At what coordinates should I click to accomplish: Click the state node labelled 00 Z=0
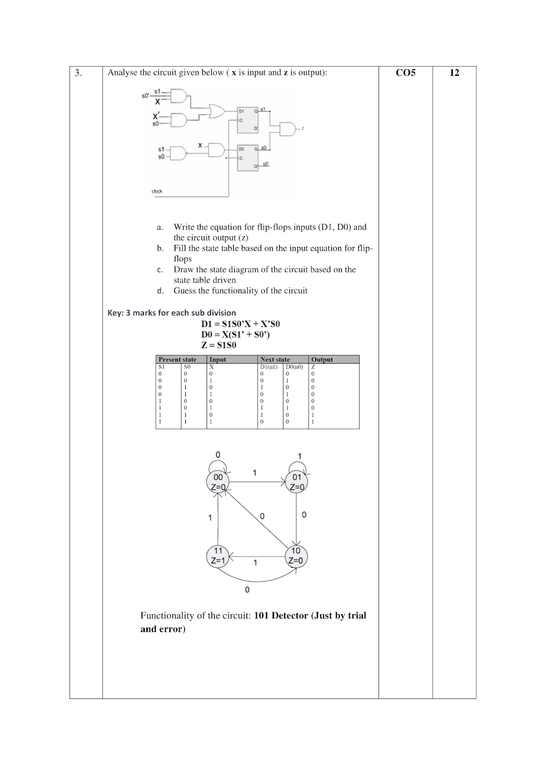point(218,482)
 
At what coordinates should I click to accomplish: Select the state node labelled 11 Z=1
point(218,556)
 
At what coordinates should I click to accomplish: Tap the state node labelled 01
point(296,482)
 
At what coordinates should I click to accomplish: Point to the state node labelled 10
point(295,556)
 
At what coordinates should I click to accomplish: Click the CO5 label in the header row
point(406,73)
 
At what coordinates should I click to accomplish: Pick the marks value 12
point(454,73)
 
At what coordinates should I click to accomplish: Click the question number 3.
point(78,73)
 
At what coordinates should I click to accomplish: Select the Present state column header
point(178,359)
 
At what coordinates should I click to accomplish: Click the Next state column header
point(275,359)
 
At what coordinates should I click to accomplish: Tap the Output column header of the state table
point(322,359)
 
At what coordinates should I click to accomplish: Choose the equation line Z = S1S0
point(219,345)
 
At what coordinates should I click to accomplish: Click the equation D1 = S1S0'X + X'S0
point(240,324)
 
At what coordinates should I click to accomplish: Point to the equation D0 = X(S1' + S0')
point(236,334)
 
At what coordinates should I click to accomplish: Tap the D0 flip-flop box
point(248,157)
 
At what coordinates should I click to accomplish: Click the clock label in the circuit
point(157,191)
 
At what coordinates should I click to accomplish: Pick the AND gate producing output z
point(288,129)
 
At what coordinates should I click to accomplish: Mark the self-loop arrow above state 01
point(297,466)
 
